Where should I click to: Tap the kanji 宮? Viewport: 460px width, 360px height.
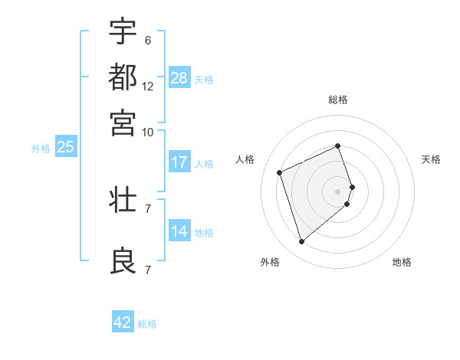pyautogui.click(x=123, y=123)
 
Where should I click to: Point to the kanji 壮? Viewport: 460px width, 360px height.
pyautogui.click(x=123, y=201)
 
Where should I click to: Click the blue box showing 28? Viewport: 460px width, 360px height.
pyautogui.click(x=179, y=78)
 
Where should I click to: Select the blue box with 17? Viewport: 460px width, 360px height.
pyautogui.click(x=179, y=162)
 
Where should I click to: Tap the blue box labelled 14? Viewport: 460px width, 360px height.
pyautogui.click(x=179, y=232)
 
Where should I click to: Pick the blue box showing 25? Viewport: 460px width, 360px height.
pyautogui.click(x=65, y=148)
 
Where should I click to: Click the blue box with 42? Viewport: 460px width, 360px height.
pyautogui.click(x=123, y=322)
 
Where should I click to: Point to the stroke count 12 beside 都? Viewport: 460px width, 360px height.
pyautogui.click(x=148, y=87)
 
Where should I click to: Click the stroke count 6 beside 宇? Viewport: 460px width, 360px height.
pyautogui.click(x=148, y=40)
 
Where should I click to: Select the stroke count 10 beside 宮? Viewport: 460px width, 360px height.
pyautogui.click(x=148, y=132)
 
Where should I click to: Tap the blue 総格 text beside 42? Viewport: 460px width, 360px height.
pyautogui.click(x=147, y=324)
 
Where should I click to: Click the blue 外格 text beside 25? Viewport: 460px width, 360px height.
pyautogui.click(x=41, y=149)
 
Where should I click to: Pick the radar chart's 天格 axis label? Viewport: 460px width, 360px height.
pyautogui.click(x=431, y=159)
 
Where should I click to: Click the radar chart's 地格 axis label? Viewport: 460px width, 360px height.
pyautogui.click(x=402, y=262)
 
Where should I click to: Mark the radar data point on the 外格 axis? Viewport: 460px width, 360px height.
pyautogui.click(x=301, y=242)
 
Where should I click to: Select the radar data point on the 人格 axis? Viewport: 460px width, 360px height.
pyautogui.click(x=280, y=172)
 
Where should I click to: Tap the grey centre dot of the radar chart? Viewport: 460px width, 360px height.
pyautogui.click(x=337, y=191)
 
